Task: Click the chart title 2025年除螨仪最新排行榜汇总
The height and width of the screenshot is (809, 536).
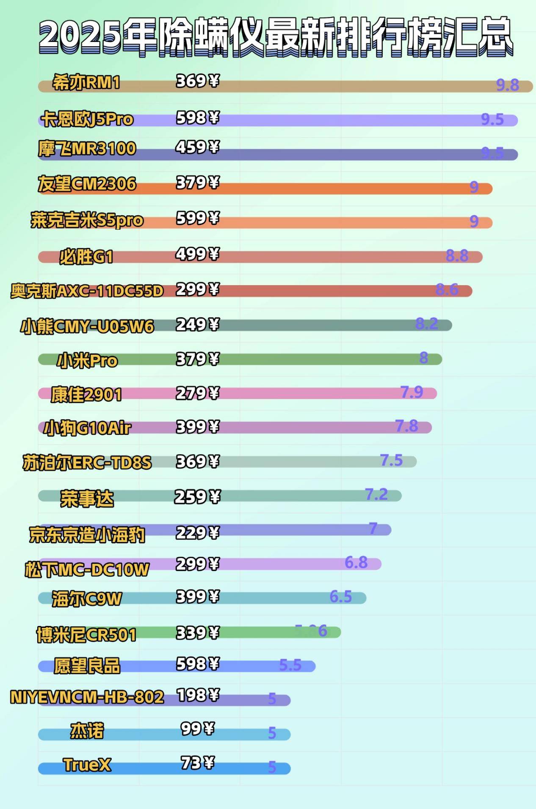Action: (x=275, y=36)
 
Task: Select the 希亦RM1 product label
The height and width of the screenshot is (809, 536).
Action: (x=86, y=82)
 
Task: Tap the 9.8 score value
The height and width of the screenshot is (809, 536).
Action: (x=507, y=85)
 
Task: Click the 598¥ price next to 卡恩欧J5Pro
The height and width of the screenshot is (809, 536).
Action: (x=197, y=118)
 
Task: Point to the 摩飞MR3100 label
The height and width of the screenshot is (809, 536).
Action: (x=87, y=149)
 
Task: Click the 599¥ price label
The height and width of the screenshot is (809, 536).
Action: (x=197, y=218)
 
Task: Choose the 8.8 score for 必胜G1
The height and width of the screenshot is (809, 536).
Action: (x=457, y=256)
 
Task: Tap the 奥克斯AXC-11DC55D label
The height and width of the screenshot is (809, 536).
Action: (x=87, y=291)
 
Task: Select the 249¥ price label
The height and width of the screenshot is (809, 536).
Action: (x=197, y=325)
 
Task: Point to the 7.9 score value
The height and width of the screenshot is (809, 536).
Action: (x=412, y=392)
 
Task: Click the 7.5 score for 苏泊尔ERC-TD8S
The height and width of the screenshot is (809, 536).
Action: (x=391, y=460)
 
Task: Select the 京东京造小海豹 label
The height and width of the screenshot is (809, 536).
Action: (x=87, y=535)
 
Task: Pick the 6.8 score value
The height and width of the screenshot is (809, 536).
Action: (x=356, y=562)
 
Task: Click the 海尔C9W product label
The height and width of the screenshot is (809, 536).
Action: (x=87, y=599)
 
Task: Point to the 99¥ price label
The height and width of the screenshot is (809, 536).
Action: (x=197, y=729)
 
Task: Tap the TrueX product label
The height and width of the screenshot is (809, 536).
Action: (x=87, y=765)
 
